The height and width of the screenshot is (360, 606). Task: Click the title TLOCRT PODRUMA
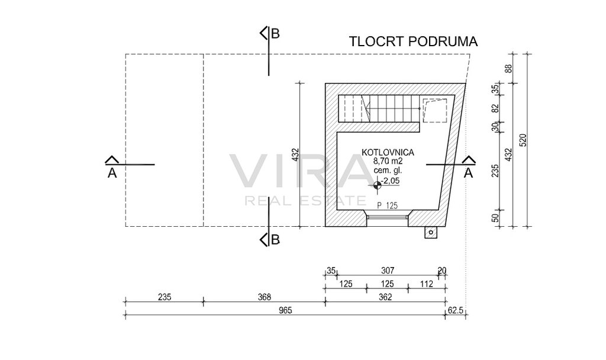click(413, 41)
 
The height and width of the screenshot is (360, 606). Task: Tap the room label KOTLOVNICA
click(388, 152)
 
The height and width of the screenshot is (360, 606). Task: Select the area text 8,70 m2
click(388, 161)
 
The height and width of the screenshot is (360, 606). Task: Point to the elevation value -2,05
click(390, 180)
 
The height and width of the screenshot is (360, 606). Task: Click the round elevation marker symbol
click(377, 185)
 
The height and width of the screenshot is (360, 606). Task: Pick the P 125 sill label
click(387, 205)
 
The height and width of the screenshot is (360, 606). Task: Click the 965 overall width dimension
click(285, 310)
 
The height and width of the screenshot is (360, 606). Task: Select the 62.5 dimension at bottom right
click(455, 310)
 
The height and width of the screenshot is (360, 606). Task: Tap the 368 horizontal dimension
click(265, 297)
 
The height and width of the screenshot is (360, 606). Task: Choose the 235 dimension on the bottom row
click(165, 297)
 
